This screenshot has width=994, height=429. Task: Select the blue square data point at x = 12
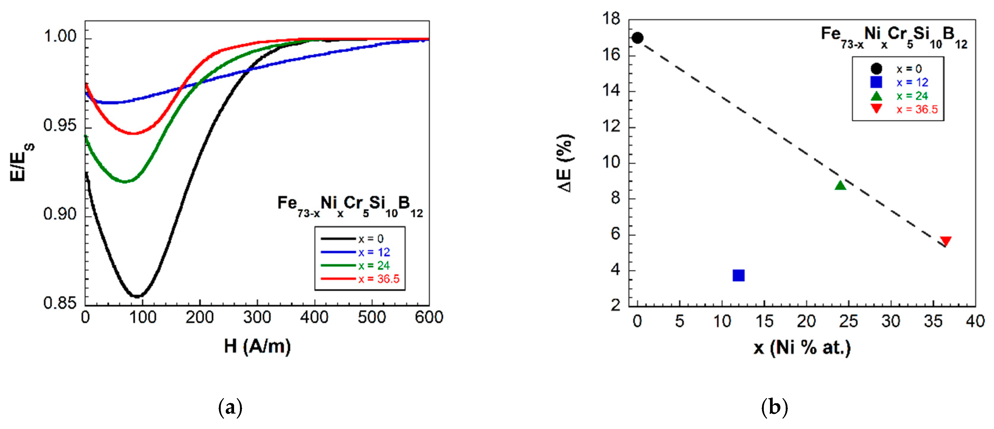coord(738,275)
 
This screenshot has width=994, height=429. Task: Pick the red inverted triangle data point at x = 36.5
coord(945,241)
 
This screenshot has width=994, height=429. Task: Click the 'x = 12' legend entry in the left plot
coord(374,252)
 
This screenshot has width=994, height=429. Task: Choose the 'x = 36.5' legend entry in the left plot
coord(379,279)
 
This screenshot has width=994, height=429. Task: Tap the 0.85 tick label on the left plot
coord(60,303)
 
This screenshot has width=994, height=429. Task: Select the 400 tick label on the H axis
coord(314,318)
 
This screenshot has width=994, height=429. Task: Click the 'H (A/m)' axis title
coord(257,346)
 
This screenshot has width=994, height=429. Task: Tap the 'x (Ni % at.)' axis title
coord(802,347)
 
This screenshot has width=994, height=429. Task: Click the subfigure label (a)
coord(231,407)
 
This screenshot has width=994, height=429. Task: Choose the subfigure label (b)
coord(774,407)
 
